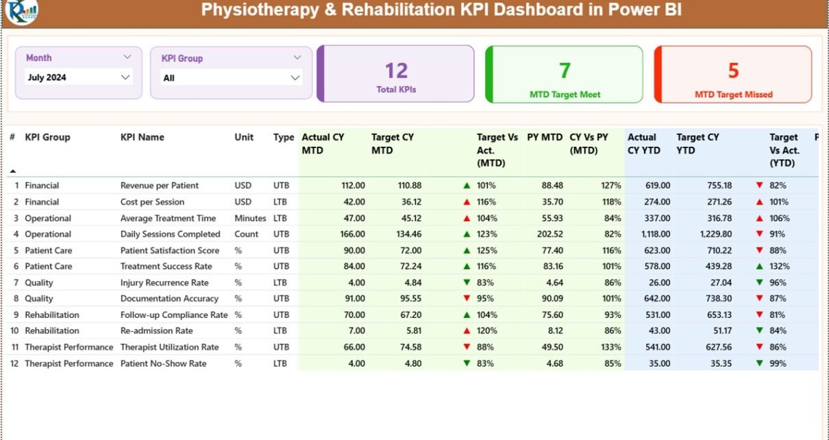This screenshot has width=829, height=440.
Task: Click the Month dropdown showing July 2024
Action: [x=78, y=77]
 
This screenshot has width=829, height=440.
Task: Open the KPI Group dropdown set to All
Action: [x=231, y=78]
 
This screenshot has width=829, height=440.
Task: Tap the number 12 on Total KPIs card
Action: [x=396, y=71]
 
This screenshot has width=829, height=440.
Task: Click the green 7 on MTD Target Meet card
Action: [x=565, y=71]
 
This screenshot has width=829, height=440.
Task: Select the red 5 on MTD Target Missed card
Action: [x=733, y=71]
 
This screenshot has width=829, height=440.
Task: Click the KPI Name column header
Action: [x=143, y=137]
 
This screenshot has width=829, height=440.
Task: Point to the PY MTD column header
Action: [x=544, y=137]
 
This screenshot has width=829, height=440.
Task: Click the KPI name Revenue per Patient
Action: [x=160, y=186]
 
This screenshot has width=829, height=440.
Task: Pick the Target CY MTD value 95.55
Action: [x=407, y=299]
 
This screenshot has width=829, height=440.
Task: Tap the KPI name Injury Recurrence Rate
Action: [x=164, y=283]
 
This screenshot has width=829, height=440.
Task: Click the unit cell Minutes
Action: [x=250, y=219]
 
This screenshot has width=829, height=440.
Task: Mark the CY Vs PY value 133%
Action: [x=609, y=347]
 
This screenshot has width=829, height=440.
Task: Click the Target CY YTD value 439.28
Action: [x=717, y=267]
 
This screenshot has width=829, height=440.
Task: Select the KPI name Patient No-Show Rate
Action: [x=163, y=364]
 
